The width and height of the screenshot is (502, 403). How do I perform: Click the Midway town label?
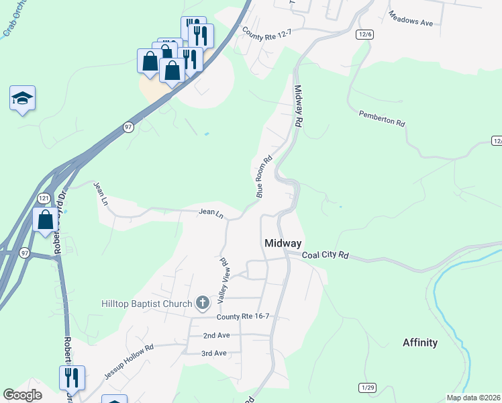pos(283,243)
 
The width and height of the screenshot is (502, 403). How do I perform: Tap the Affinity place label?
pos(420,343)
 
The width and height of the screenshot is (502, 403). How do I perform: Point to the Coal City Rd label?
pos(326,255)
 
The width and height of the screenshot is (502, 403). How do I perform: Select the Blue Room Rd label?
pos(264,177)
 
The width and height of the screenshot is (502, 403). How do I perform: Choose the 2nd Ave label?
pos(216,334)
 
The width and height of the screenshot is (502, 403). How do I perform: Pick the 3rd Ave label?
pos(215,353)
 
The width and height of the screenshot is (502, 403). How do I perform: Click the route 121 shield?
pos(44,198)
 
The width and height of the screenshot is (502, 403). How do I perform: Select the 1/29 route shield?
pos(367,388)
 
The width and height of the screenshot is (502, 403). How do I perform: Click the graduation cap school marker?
pos(22,98)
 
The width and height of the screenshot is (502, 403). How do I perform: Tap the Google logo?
pos(23,396)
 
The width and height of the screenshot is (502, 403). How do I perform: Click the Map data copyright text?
pos(473,398)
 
